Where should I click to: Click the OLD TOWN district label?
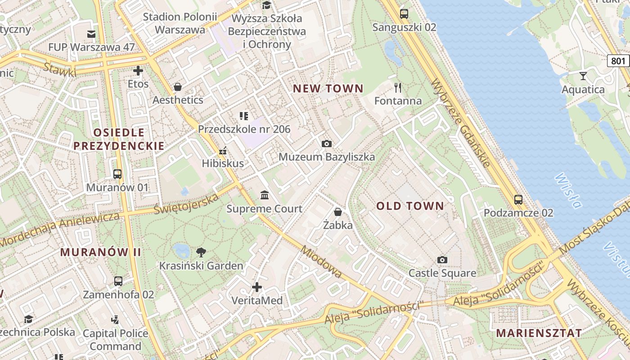(410, 206)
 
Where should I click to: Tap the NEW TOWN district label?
(328, 89)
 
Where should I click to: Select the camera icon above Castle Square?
(442, 260)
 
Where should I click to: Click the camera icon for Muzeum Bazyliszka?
(327, 144)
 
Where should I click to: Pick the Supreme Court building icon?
(265, 195)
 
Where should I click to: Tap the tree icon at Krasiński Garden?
(201, 252)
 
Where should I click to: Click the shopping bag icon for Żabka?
(338, 211)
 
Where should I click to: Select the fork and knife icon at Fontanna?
(398, 87)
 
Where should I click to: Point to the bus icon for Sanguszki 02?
(404, 13)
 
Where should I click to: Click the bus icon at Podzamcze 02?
(518, 199)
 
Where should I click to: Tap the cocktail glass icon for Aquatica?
(583, 76)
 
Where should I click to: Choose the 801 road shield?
(618, 60)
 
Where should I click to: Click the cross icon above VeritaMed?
(257, 287)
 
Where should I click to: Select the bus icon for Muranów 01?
(117, 174)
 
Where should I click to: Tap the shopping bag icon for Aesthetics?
(178, 86)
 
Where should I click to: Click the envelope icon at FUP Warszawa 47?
(91, 34)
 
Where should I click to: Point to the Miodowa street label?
(321, 261)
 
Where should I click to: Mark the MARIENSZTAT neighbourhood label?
(539, 333)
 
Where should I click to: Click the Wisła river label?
(568, 191)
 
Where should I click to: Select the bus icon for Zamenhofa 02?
(118, 281)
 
